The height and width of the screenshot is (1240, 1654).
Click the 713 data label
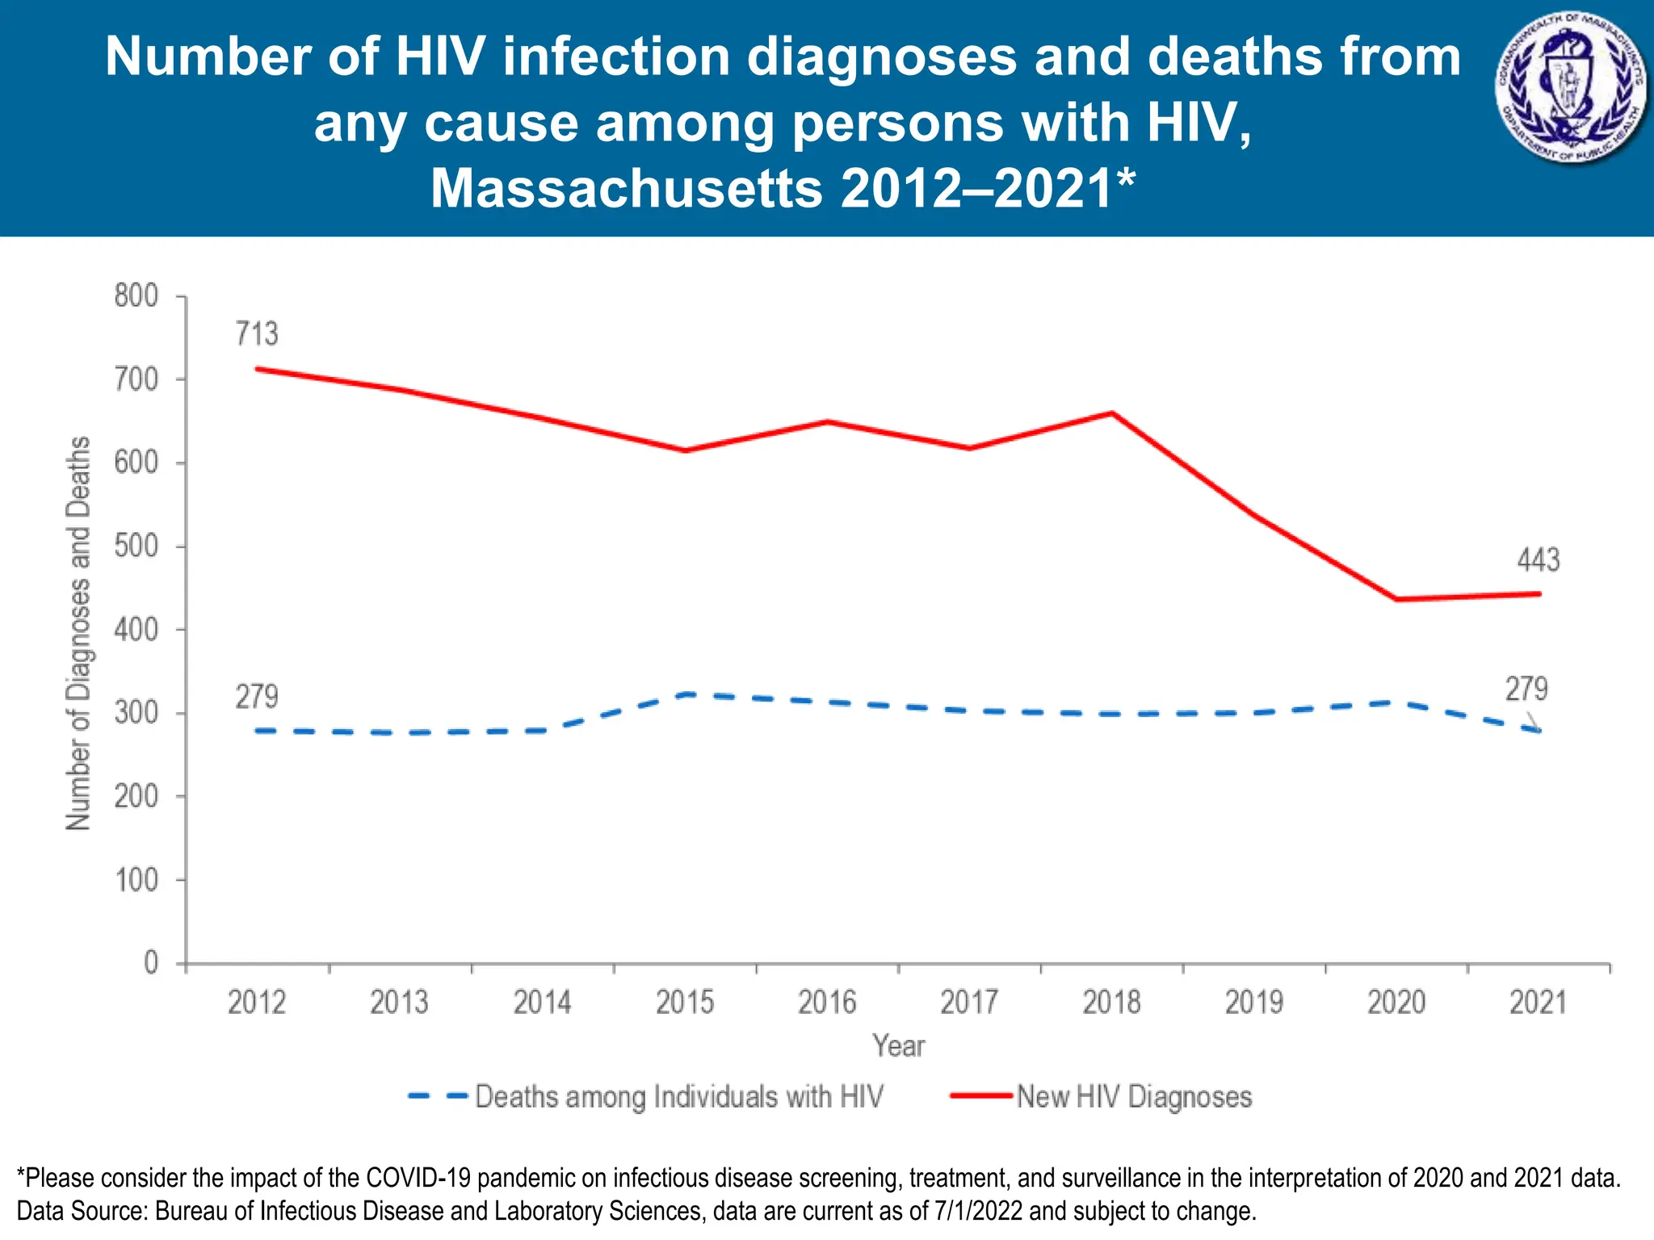click(257, 333)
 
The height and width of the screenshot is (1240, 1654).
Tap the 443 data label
click(1539, 559)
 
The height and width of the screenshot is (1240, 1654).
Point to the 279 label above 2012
click(257, 696)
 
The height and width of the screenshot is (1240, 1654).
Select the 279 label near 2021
click(1526, 689)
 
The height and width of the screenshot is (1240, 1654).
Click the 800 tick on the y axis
click(136, 296)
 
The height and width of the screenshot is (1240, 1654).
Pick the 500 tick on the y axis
click(136, 547)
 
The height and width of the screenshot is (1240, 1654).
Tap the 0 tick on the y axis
click(151, 962)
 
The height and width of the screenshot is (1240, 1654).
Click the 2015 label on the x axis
click(685, 1003)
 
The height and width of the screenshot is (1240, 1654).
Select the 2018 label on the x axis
click(1111, 1003)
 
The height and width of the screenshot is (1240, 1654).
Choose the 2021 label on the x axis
click(1538, 1003)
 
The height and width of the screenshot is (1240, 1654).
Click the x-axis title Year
click(898, 1045)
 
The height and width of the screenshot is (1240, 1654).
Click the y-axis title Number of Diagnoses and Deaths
click(78, 634)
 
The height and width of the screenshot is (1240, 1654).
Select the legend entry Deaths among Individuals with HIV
click(678, 1096)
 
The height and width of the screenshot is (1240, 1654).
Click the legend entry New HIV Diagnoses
click(1134, 1096)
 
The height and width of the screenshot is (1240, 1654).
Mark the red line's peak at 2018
click(1112, 413)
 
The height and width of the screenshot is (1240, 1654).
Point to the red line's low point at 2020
click(1396, 599)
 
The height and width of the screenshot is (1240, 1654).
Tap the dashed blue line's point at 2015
click(685, 693)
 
